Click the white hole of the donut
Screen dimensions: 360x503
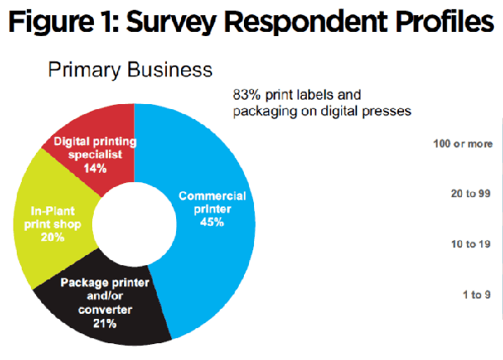(x=133, y=227)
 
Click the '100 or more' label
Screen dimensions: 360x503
(x=462, y=143)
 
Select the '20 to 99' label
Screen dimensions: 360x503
(x=469, y=194)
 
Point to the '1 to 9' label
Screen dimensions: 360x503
(x=474, y=295)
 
